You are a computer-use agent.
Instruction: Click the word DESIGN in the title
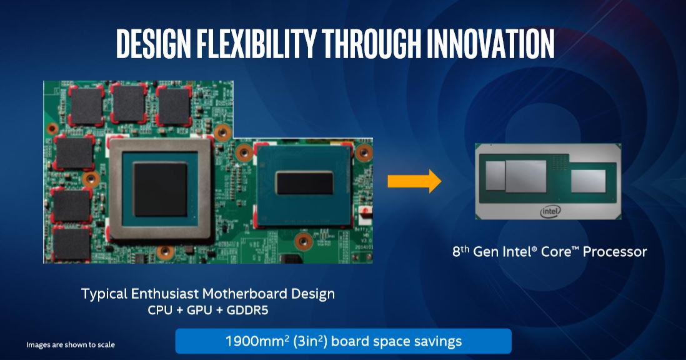(x=154, y=44)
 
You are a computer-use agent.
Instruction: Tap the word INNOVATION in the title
(x=490, y=44)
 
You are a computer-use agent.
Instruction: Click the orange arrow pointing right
(x=414, y=181)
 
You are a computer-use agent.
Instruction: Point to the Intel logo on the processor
(x=550, y=212)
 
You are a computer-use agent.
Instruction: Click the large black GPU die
(x=160, y=189)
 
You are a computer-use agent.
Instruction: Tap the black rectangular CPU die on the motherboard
(x=304, y=182)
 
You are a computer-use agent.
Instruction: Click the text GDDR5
(x=247, y=310)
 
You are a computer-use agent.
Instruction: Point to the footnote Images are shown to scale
(x=71, y=345)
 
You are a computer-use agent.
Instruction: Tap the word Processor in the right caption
(x=615, y=251)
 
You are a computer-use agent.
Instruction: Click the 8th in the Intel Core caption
(x=460, y=251)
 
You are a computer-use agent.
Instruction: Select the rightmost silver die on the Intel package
(x=589, y=181)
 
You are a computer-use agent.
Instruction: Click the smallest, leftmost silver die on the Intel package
(x=495, y=176)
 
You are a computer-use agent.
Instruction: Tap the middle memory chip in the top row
(x=129, y=104)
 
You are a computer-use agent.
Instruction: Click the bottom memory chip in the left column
(x=71, y=244)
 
